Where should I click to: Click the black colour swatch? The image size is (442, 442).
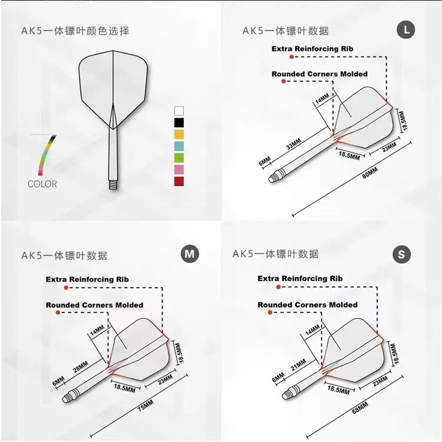(179, 123)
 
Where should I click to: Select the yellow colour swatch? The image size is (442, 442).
(179, 134)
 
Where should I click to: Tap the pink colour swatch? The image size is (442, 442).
(179, 169)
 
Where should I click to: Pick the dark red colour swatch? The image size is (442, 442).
(179, 182)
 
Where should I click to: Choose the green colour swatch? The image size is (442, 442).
(179, 158)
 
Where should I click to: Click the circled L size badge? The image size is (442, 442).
(405, 29)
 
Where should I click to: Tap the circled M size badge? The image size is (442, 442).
(190, 254)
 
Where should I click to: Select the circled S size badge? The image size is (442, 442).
(401, 255)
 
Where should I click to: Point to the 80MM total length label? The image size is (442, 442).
(370, 173)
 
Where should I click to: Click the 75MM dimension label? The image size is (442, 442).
(146, 405)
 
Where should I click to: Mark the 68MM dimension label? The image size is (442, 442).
(360, 408)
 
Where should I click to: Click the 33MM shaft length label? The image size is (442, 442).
(293, 144)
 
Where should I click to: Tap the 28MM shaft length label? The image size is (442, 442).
(81, 367)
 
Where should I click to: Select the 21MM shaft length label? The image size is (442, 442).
(299, 365)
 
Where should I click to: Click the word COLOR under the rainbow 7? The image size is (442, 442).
(42, 184)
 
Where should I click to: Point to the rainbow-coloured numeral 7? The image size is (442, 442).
(46, 154)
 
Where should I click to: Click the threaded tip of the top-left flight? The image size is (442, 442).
(113, 185)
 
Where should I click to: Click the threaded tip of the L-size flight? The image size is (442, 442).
(274, 177)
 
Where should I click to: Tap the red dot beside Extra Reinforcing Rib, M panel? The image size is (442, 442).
(66, 288)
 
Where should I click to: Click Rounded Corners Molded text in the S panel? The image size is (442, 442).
(308, 305)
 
